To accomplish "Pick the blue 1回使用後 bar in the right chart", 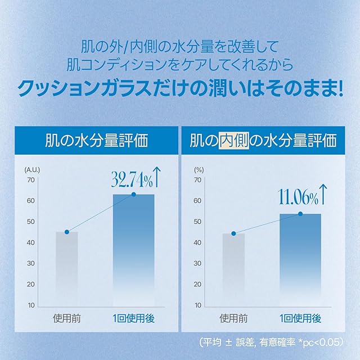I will pyautogui.click(x=300, y=259).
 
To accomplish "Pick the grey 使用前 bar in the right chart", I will pyautogui.click(x=233, y=269).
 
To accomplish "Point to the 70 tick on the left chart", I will pyautogui.click(x=31, y=180).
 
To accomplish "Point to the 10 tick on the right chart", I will pyautogui.click(x=198, y=305).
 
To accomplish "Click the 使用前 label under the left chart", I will pyautogui.click(x=66, y=319).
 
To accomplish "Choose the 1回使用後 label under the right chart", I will pyautogui.click(x=300, y=319).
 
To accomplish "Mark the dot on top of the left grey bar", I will pyautogui.click(x=66, y=232).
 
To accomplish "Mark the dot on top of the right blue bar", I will pyautogui.click(x=300, y=214).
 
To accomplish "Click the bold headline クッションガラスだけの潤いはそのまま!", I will pyautogui.click(x=180, y=87).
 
